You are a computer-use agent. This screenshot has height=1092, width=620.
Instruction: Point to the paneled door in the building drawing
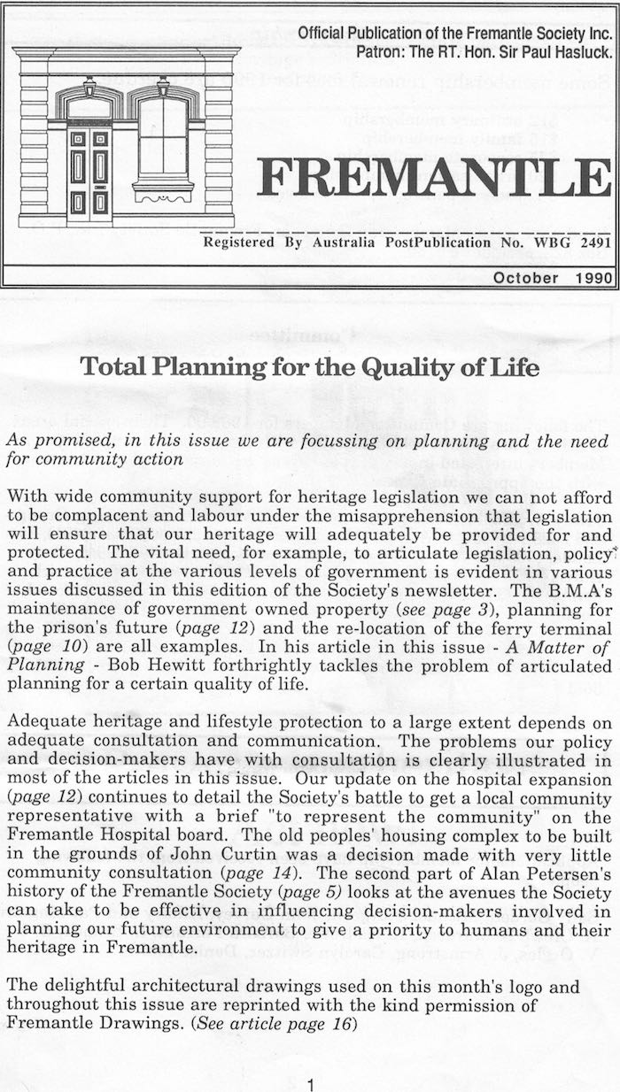coord(89,173)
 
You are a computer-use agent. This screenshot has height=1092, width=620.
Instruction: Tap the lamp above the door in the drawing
coord(89,87)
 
